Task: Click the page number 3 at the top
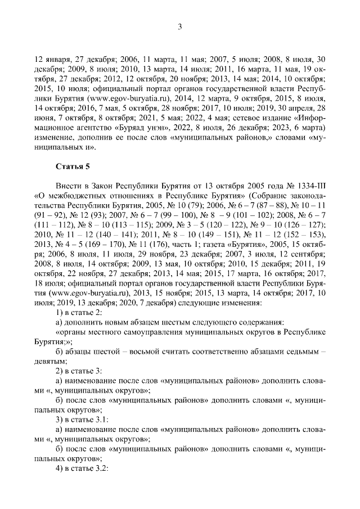179,26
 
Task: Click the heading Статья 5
73,166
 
